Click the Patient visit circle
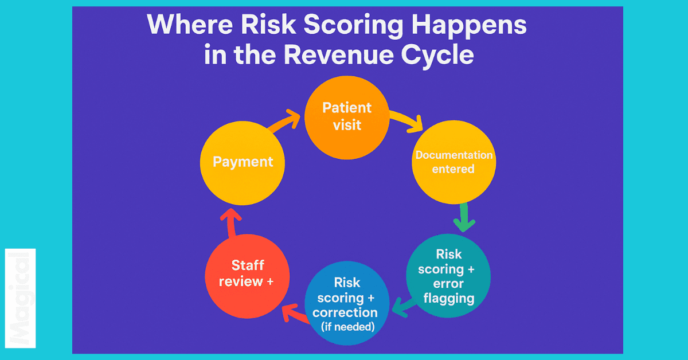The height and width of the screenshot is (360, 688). pyautogui.click(x=346, y=117)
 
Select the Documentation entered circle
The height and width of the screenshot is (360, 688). pyautogui.click(x=454, y=162)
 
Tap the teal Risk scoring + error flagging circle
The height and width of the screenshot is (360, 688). pyautogui.click(x=448, y=276)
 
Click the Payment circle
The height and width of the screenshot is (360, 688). pyautogui.click(x=243, y=162)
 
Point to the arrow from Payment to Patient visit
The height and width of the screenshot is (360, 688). pyautogui.click(x=285, y=124)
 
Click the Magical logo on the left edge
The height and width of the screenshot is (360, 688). pyautogui.click(x=21, y=298)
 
